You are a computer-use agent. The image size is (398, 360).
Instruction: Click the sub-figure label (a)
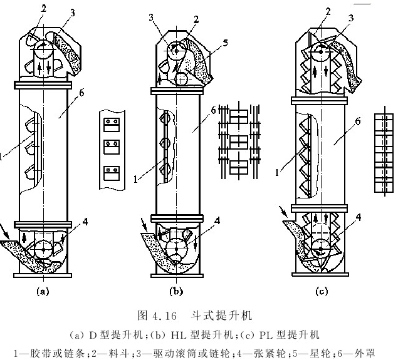point(43,291)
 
